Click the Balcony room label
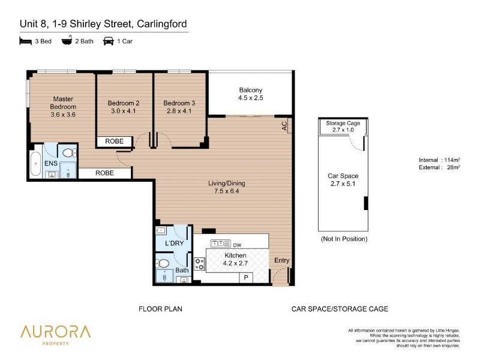(250, 90)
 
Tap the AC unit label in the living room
(284, 126)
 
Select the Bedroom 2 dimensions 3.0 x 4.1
(123, 111)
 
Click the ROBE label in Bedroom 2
(114, 141)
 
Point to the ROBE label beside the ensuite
(104, 173)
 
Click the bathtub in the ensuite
(35, 164)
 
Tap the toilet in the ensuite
(69, 153)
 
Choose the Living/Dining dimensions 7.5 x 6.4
(227, 191)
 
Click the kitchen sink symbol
(220, 244)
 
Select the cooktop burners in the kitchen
(200, 264)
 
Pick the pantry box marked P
(246, 278)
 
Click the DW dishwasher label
(237, 245)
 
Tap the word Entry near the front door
(281, 260)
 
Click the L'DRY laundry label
(174, 244)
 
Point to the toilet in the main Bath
(163, 263)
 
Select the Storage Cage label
(343, 123)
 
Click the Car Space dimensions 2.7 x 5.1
(343, 184)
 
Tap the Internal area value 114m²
(452, 160)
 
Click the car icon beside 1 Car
(109, 41)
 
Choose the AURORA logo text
(55, 332)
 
